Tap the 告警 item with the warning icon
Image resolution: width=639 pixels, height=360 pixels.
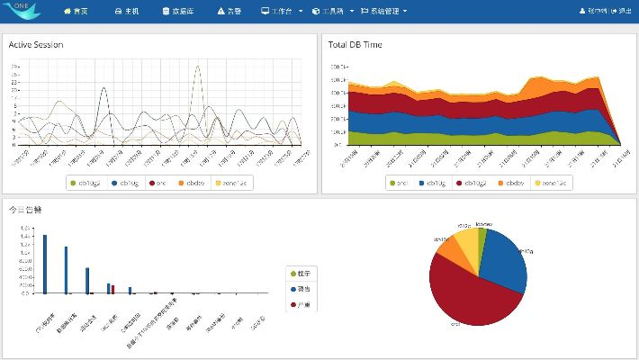tap(229, 12)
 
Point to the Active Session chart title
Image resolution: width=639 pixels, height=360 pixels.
tap(36, 44)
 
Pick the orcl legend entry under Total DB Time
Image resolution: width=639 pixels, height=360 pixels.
tap(398, 183)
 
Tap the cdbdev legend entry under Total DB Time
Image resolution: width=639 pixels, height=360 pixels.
tap(510, 183)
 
